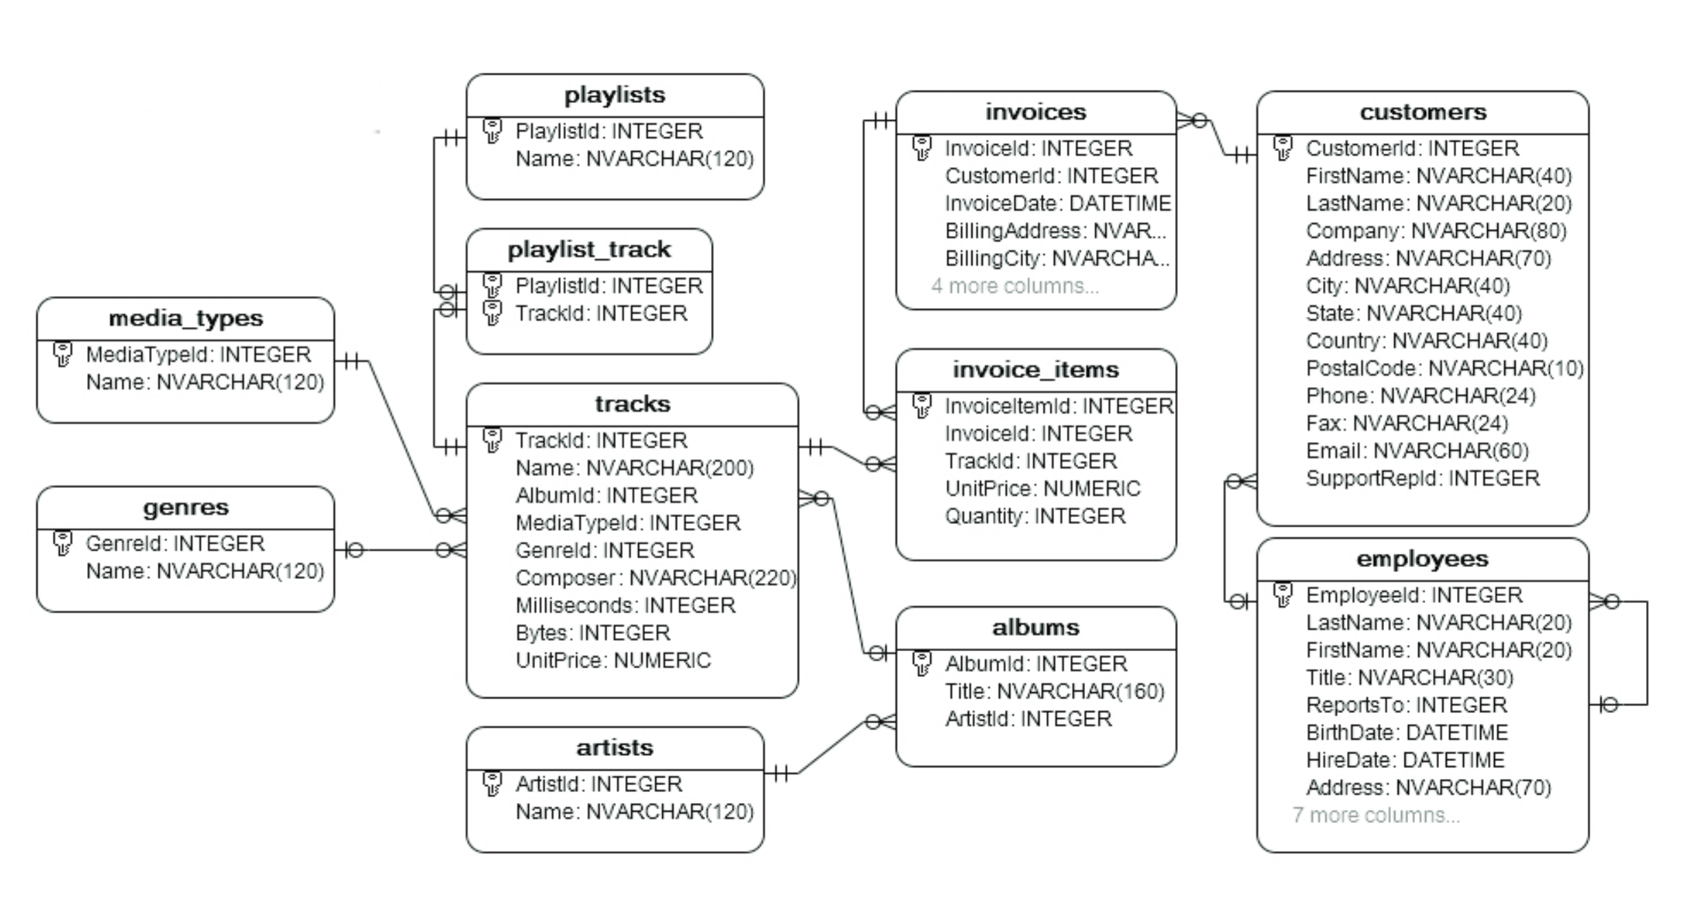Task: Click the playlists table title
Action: pyautogui.click(x=615, y=95)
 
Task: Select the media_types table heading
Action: pyautogui.click(x=186, y=318)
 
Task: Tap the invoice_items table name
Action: pyautogui.click(x=1035, y=370)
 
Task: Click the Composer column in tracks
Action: pyautogui.click(x=655, y=578)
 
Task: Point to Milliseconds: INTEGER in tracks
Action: pyautogui.click(x=625, y=606)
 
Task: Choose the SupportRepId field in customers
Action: pyautogui.click(x=1422, y=478)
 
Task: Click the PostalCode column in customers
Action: pyautogui.click(x=1445, y=368)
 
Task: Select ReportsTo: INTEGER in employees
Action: pyautogui.click(x=1406, y=705)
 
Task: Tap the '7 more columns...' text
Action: pyautogui.click(x=1376, y=815)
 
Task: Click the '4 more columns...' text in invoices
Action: pyautogui.click(x=1015, y=286)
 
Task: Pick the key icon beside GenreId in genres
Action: pyautogui.click(x=63, y=543)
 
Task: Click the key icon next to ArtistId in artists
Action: pyautogui.click(x=492, y=784)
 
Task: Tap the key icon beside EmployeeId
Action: pyautogui.click(x=1283, y=595)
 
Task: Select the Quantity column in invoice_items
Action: pyautogui.click(x=1035, y=516)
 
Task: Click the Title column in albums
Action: pyautogui.click(x=1054, y=692)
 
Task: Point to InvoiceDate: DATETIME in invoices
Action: pyautogui.click(x=1057, y=203)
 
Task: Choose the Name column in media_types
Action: pyautogui.click(x=204, y=382)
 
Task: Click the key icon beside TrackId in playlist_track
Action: pyautogui.click(x=492, y=313)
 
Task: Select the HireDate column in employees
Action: pyautogui.click(x=1405, y=760)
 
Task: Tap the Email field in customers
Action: pyautogui.click(x=1416, y=451)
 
